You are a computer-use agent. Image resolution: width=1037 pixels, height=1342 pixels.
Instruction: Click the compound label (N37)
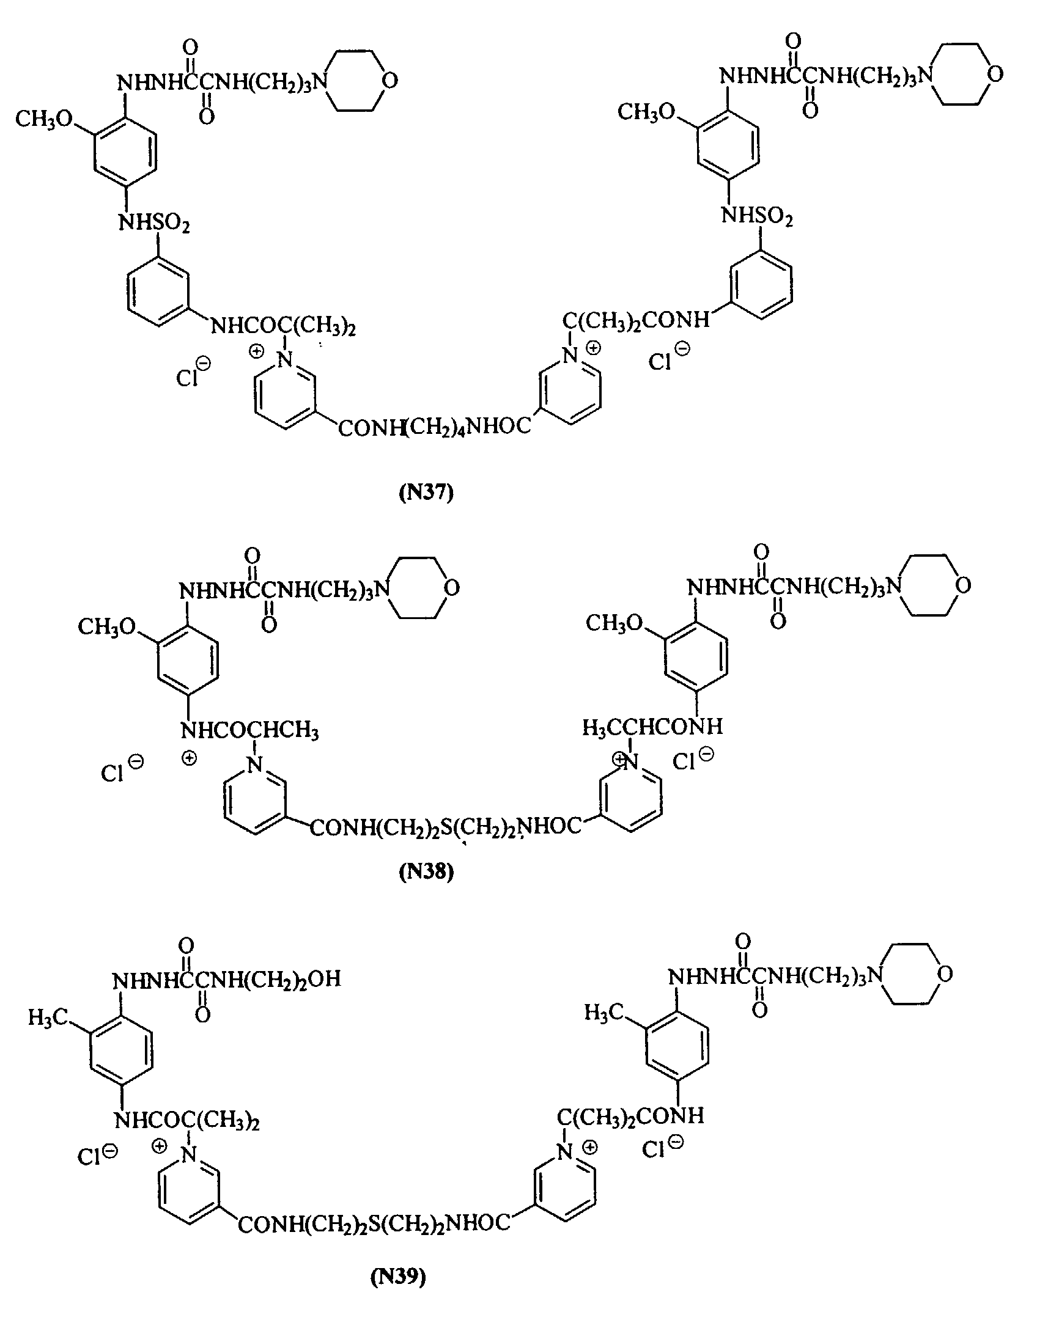coord(426,493)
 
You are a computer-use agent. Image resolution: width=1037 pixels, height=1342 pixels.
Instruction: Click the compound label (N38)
coord(426,872)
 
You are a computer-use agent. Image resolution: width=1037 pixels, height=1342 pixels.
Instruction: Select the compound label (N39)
coord(397,1277)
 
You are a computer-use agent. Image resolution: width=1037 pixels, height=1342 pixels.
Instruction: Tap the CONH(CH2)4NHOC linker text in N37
coord(434,427)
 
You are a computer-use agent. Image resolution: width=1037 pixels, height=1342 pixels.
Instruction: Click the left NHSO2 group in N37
coord(153,222)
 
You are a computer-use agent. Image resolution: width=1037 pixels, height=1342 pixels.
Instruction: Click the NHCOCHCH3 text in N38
coord(249,731)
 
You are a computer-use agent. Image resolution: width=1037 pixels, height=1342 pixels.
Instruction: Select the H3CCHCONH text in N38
coord(652,728)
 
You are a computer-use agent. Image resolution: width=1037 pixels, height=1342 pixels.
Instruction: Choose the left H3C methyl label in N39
coord(48,1018)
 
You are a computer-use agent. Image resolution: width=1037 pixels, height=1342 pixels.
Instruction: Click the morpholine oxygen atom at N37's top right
coord(995,75)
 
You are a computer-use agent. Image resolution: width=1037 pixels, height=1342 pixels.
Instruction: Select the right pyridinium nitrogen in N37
coord(571,354)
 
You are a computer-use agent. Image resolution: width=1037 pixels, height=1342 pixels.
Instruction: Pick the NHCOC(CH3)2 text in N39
coord(187,1122)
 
